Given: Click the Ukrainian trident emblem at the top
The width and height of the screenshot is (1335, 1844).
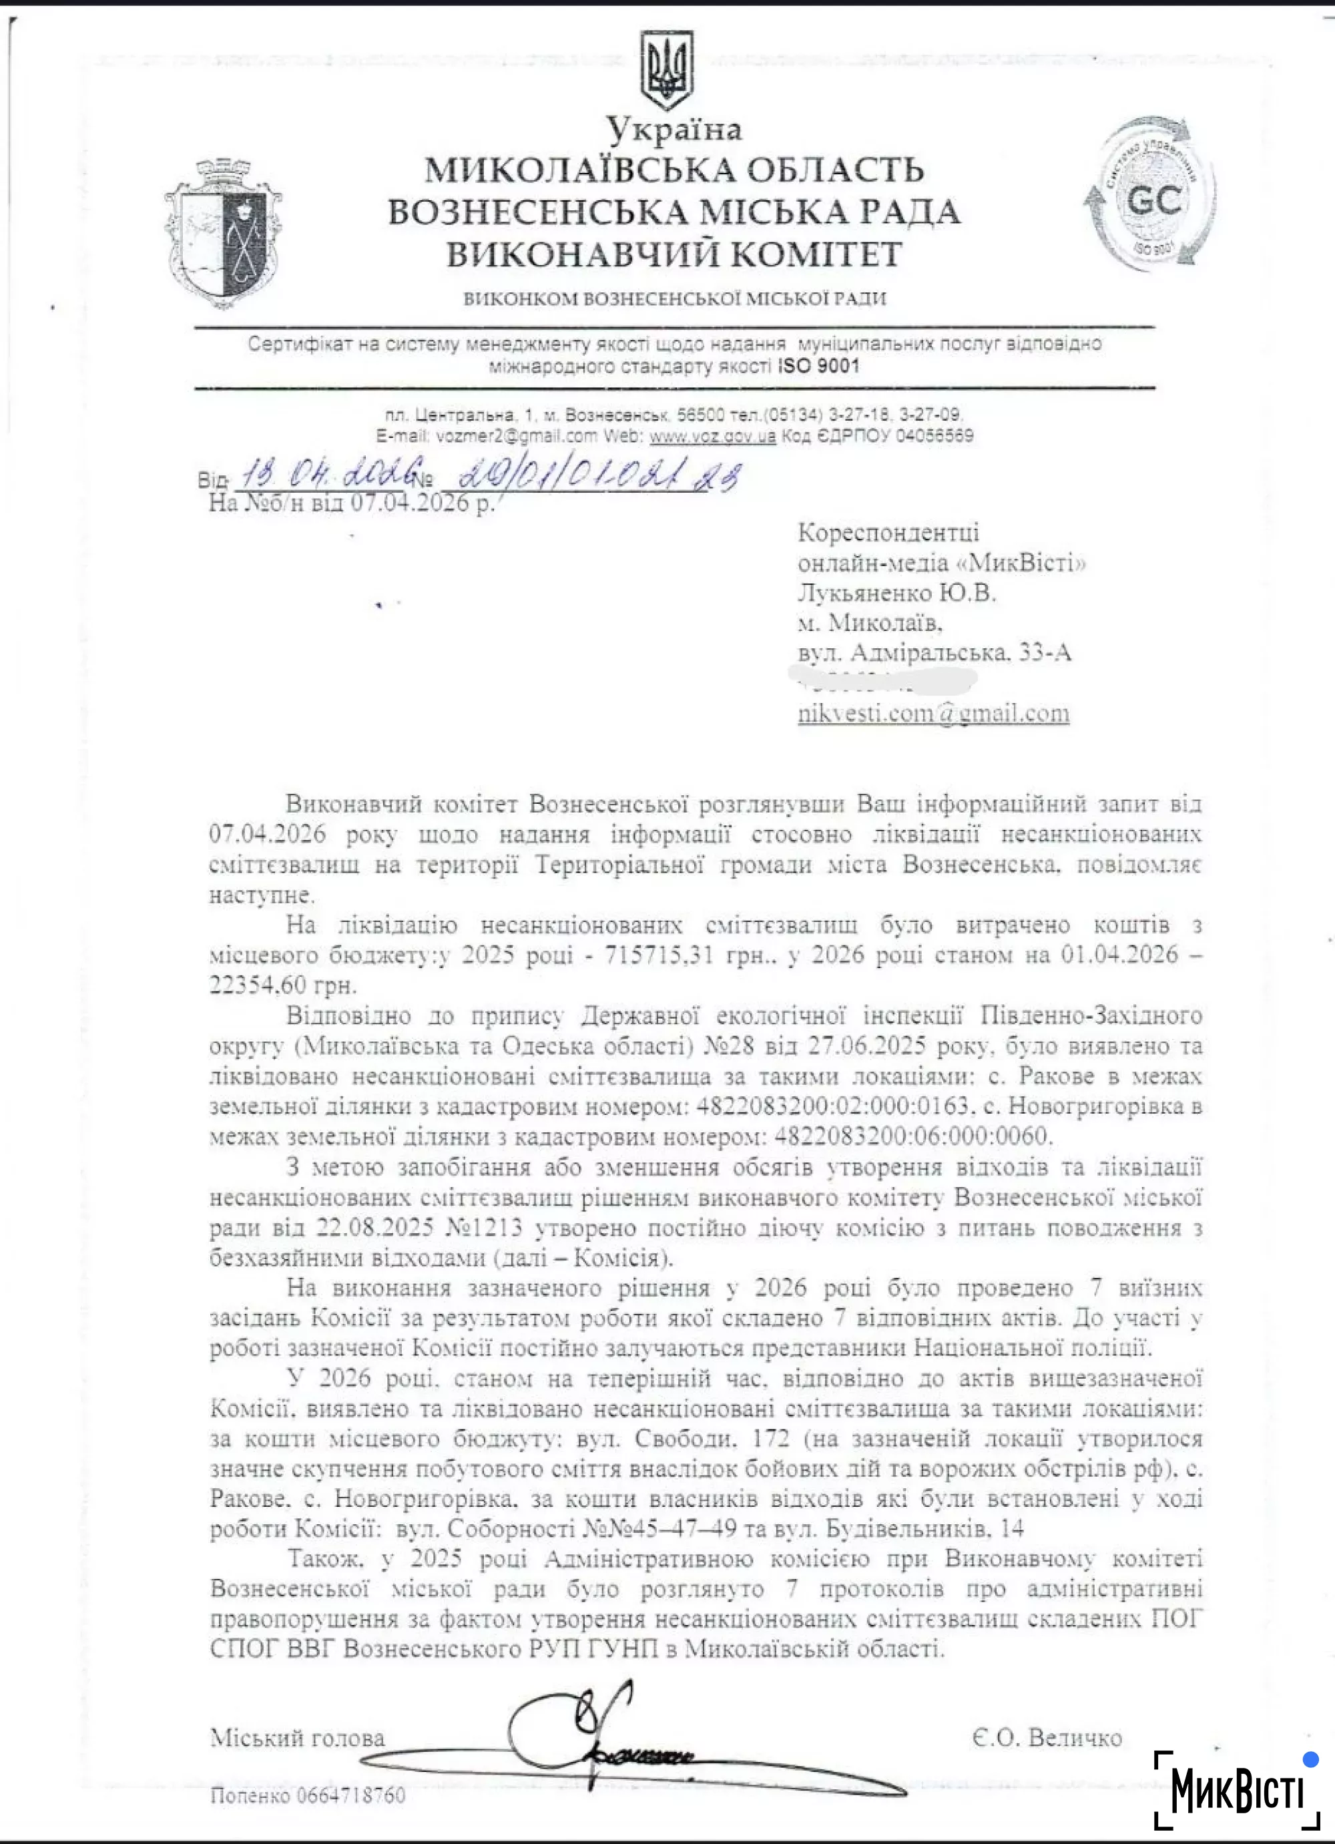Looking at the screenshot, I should click(667, 71).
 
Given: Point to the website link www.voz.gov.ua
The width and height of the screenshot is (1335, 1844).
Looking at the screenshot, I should click(712, 436).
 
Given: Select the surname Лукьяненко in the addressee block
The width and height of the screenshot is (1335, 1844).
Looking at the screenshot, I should click(865, 594).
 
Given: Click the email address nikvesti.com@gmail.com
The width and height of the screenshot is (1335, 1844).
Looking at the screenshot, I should click(932, 713).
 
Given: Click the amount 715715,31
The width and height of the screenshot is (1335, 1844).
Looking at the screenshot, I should click(659, 955).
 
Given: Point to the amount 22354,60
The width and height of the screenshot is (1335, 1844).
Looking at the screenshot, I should click(258, 985).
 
